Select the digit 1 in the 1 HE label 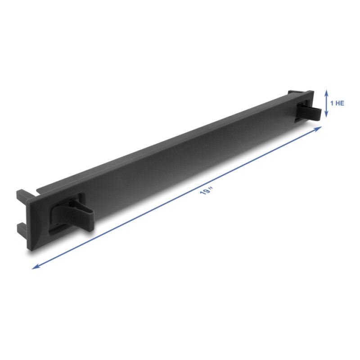coord(332,103)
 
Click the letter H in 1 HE coord(337,103)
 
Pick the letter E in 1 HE coord(342,103)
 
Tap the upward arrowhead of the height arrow coord(326,91)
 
